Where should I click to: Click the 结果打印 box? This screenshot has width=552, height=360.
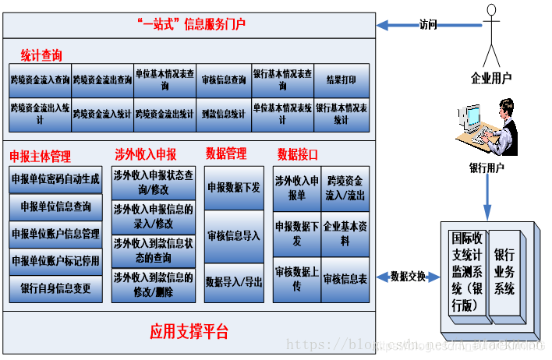pos(341,80)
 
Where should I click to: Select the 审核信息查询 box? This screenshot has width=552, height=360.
pos(223,80)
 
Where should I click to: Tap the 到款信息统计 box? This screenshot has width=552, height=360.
pos(223,114)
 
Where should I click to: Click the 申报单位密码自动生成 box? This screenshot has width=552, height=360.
pos(55,179)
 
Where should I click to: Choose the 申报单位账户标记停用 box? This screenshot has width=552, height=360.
pos(55,261)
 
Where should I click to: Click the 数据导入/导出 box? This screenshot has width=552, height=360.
pos(234,281)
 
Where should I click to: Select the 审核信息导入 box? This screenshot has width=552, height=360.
pos(234,235)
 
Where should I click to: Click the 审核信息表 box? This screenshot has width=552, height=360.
pos(345,278)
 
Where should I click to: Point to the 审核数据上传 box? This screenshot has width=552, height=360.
pos(296,278)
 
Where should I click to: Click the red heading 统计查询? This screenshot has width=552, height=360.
pos(41,55)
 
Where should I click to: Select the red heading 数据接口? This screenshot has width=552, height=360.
pos(298,154)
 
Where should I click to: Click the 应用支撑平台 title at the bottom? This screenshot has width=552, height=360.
pos(189,332)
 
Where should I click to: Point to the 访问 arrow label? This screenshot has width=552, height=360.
pos(428,25)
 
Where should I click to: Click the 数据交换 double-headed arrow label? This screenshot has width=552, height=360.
pos(409,276)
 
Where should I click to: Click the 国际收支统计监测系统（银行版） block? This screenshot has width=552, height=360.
pos(468,270)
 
